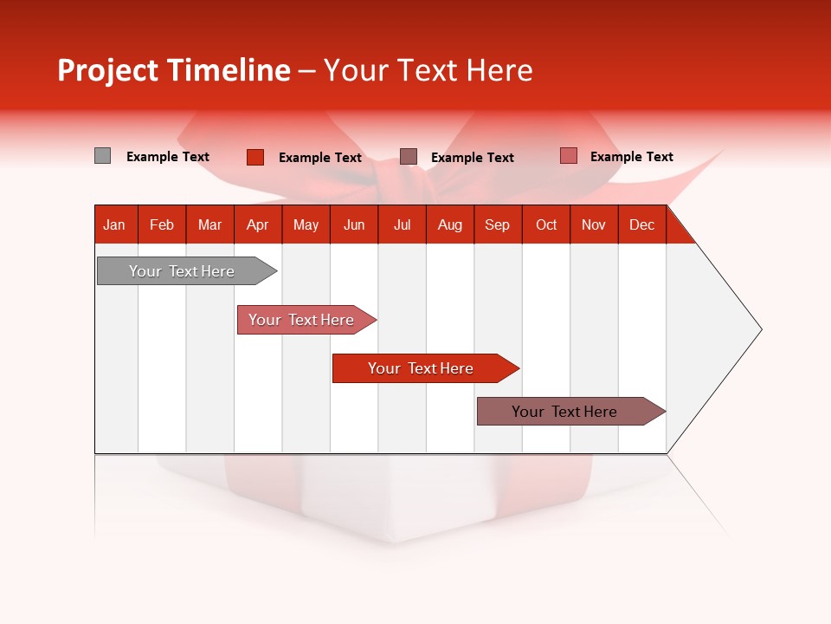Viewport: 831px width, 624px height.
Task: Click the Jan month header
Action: click(x=115, y=224)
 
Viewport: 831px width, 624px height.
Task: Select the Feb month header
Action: click(x=162, y=224)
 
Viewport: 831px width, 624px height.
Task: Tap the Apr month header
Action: click(x=258, y=224)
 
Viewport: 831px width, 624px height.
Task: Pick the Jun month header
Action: click(x=354, y=224)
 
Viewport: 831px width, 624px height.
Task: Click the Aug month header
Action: click(x=450, y=224)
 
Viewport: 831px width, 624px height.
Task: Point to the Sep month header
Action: click(x=498, y=224)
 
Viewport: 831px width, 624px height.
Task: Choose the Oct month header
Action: click(x=546, y=224)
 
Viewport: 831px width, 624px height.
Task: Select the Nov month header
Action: click(x=594, y=224)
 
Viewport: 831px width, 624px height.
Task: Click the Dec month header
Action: click(x=642, y=224)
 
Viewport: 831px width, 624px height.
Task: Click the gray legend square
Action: click(x=102, y=156)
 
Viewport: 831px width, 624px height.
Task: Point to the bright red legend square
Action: click(x=254, y=157)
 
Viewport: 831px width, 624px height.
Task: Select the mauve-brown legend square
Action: click(x=409, y=156)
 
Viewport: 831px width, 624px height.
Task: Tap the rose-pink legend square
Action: click(x=568, y=156)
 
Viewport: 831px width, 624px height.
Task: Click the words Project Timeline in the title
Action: click(x=173, y=70)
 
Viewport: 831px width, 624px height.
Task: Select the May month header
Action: click(x=306, y=224)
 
